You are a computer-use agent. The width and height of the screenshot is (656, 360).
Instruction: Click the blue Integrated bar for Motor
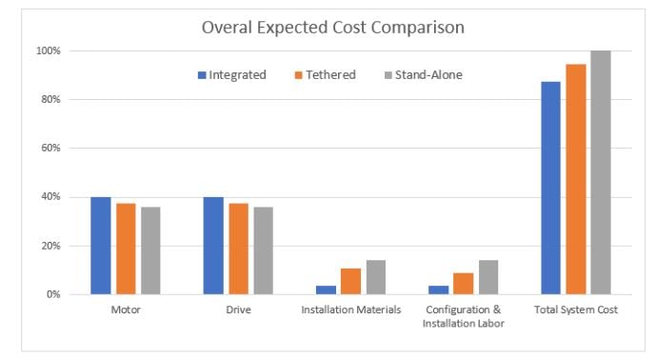pos(101,246)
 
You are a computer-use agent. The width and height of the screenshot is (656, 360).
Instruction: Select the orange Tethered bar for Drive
pos(238,249)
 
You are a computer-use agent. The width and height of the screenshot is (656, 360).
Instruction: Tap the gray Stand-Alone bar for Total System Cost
pos(601,172)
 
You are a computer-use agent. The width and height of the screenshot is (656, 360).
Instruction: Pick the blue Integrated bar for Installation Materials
pos(326,290)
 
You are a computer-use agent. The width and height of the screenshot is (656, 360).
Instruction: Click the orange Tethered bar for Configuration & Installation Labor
pos(464,284)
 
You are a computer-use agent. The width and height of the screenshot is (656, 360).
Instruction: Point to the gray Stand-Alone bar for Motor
pos(150,250)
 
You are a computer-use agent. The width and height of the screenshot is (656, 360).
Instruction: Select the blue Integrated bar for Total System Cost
pos(550,188)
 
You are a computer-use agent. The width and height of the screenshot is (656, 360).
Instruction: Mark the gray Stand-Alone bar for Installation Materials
pos(376,277)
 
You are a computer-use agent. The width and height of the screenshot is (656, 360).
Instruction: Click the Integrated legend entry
pos(232,75)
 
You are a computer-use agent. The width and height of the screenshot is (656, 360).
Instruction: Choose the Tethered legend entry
pos(326,75)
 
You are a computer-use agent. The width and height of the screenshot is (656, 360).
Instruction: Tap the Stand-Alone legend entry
pos(424,75)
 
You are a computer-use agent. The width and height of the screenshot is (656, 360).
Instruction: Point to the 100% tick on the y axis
pos(49,51)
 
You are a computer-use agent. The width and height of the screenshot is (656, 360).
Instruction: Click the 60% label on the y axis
pos(50,149)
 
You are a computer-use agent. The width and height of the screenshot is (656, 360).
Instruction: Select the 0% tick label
pos(53,294)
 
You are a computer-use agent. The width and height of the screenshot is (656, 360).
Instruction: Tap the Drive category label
pos(238,310)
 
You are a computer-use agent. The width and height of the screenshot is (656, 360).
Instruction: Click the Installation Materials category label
pos(351,310)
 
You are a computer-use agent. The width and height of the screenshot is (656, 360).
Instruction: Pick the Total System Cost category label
pos(576,310)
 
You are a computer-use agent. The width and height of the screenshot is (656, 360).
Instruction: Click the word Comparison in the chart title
pos(418,28)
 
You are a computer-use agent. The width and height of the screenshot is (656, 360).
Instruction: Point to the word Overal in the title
pos(227,28)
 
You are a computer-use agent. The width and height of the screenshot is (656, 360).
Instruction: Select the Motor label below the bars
pos(126,310)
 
